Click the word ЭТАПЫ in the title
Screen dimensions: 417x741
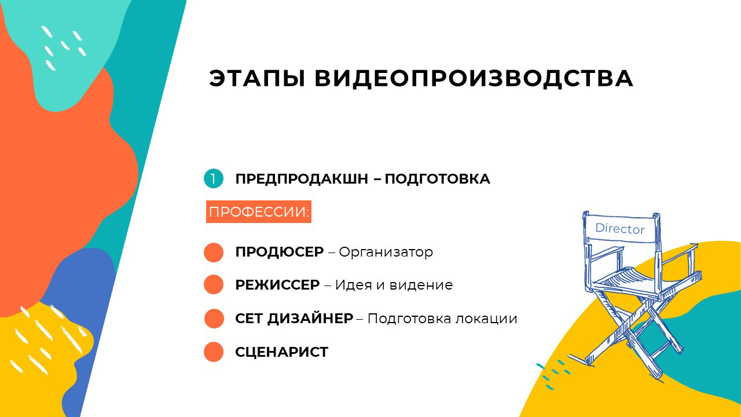point(257,79)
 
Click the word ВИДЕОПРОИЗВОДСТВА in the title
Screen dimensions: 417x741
point(474,79)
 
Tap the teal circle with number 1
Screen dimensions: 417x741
point(214,179)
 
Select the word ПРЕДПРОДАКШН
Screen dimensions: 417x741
point(301,179)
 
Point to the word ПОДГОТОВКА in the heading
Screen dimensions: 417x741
point(437,179)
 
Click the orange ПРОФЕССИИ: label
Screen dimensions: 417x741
point(259,212)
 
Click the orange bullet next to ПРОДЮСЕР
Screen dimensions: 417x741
point(214,253)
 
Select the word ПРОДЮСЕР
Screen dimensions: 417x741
point(279,253)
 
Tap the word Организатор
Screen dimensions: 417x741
point(386,253)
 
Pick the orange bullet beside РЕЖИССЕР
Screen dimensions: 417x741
point(214,285)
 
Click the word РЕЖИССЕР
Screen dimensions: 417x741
point(277,285)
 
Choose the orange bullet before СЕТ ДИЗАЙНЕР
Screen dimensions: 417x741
point(214,319)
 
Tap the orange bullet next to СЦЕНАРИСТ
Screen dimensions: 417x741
point(214,352)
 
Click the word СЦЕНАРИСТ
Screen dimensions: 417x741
point(281,352)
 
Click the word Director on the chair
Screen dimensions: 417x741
point(619,229)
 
